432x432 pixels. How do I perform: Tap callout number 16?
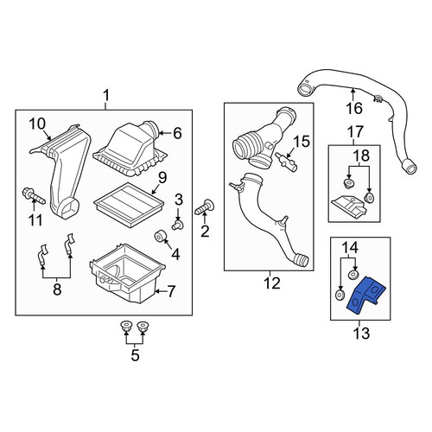tap(354, 108)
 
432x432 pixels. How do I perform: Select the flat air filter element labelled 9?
tap(129, 205)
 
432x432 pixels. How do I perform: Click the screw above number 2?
tap(205, 208)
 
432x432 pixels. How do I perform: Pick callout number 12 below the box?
tap(272, 283)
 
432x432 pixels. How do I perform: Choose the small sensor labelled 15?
tap(287, 162)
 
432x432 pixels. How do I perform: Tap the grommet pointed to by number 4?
tap(159, 236)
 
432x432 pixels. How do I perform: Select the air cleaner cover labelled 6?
tap(130, 149)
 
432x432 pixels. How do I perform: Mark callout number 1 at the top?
tap(106, 96)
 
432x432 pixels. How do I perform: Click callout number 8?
tap(57, 289)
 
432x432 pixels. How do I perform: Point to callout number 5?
tap(135, 355)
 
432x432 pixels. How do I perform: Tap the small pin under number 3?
tap(177, 225)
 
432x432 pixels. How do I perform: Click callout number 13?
tap(360, 334)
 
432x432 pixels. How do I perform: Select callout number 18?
tap(361, 156)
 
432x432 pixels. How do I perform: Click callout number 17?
tap(355, 132)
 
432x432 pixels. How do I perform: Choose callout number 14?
tap(350, 248)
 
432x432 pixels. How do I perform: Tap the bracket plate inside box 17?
tap(349, 206)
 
